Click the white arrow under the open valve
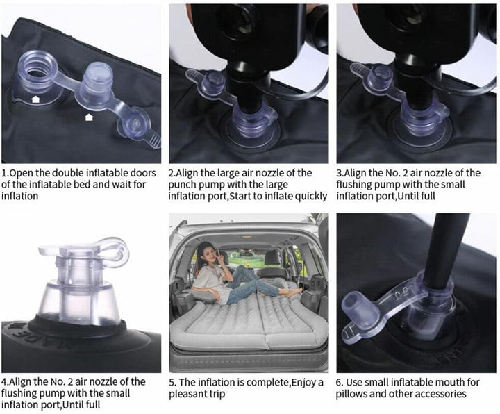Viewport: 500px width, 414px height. [35, 99]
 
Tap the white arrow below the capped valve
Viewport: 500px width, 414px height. [89, 117]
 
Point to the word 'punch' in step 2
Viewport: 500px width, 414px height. [183, 185]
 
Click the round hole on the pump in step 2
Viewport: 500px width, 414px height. [238, 19]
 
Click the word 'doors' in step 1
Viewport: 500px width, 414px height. [144, 173]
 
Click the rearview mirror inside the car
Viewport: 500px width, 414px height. [246, 254]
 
